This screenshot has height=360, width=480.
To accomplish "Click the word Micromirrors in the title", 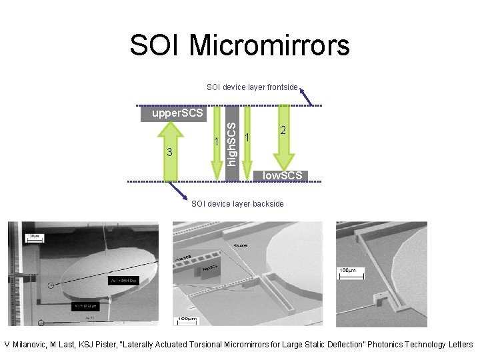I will [x=269, y=45].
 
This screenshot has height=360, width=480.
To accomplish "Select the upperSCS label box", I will [x=177, y=113].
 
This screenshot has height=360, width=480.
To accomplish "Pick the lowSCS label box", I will [x=282, y=175].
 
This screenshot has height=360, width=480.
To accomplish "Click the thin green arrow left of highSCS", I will [x=216, y=143].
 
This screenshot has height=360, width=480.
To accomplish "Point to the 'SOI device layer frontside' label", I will [x=252, y=87].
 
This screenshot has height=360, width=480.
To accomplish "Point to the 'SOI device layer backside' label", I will [x=237, y=203].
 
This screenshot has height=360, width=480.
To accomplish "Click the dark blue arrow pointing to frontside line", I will [x=306, y=96].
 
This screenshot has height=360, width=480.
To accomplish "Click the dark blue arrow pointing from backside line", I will [x=178, y=191].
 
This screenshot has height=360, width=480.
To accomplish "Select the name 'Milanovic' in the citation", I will [x=31, y=345].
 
